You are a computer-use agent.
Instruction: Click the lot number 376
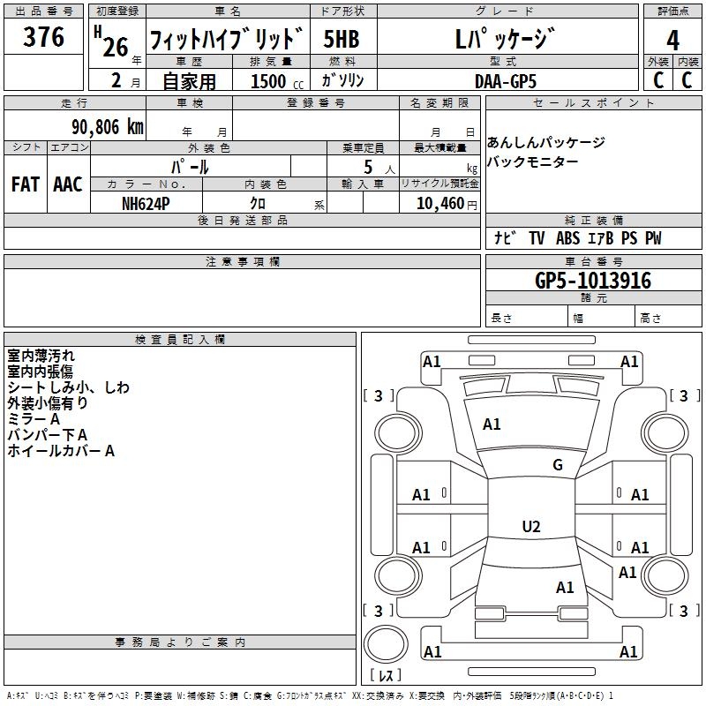44,38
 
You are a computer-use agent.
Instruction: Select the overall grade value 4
673,40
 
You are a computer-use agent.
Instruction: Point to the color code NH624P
146,202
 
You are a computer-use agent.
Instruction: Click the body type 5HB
341,41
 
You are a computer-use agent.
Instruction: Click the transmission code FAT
25,184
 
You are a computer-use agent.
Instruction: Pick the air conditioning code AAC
67,184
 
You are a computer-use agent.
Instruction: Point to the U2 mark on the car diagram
531,527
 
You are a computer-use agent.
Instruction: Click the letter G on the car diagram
558,465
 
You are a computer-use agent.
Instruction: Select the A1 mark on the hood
492,424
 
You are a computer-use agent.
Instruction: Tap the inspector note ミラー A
34,419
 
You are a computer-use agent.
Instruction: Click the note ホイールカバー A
61,451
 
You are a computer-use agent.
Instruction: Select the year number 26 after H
115,46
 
